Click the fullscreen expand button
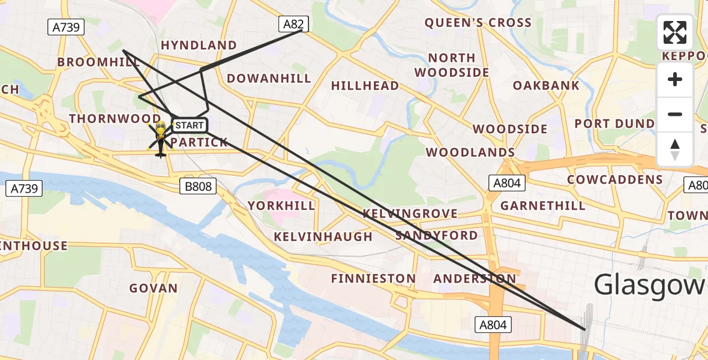click(x=675, y=32)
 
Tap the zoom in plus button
click(x=675, y=80)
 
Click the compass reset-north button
click(x=675, y=149)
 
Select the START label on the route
click(x=190, y=125)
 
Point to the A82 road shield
click(x=293, y=24)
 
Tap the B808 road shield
click(x=198, y=187)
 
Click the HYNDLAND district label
click(x=199, y=46)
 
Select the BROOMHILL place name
click(x=98, y=62)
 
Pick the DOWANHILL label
click(x=269, y=79)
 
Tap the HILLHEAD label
click(x=365, y=86)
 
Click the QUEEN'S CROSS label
click(x=478, y=23)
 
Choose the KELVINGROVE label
click(x=410, y=214)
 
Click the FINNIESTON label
click(x=373, y=278)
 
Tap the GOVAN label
click(x=154, y=288)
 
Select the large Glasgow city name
click(x=650, y=285)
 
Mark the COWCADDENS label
click(x=615, y=179)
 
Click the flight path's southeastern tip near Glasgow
click(x=584, y=329)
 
